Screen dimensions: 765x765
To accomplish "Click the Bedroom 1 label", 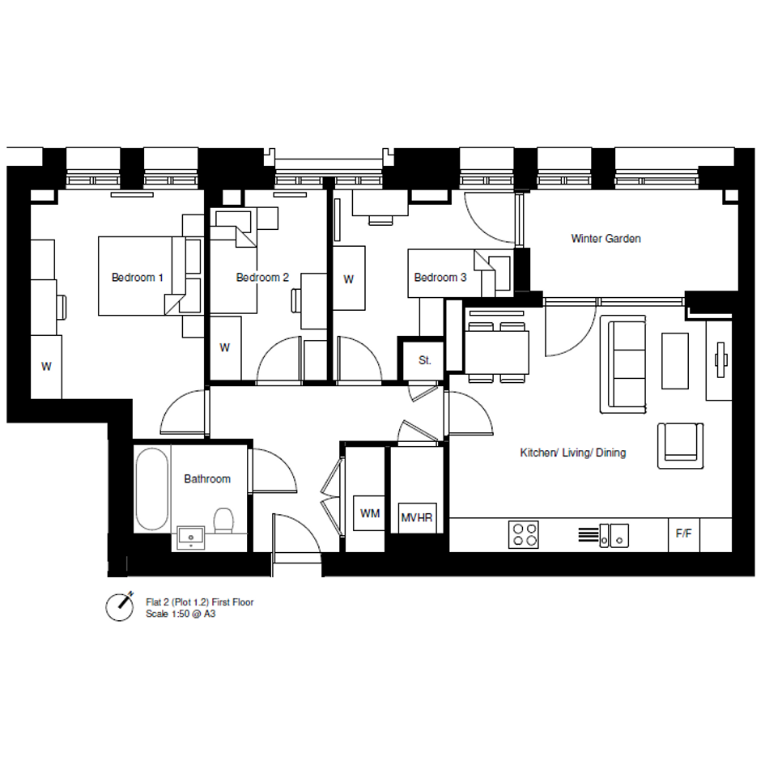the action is [137, 278].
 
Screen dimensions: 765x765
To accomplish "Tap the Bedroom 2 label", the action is [262, 278].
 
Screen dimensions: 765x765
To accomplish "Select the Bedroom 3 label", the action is [440, 278].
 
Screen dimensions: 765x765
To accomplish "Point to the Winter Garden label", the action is [606, 239].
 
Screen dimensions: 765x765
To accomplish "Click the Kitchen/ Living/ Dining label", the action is [573, 453].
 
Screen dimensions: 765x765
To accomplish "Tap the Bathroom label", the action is [207, 479].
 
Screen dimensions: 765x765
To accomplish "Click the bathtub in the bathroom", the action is [151, 489].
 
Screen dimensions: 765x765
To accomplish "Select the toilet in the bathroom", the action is [223, 521].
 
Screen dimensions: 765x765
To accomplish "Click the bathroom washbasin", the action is [191, 538].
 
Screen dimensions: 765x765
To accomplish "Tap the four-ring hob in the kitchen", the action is [524, 534].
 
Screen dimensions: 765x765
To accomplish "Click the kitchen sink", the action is [614, 536].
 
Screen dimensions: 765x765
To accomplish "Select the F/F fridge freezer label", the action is [683, 533].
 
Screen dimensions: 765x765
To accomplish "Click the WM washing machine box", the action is [370, 513].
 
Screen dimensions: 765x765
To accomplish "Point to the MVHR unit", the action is [417, 517].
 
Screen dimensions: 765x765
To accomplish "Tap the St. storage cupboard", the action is [424, 360].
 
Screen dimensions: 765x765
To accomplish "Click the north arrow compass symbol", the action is [120, 606].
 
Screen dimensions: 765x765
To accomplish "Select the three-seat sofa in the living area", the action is [623, 364].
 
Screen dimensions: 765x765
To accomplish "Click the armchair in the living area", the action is [681, 446].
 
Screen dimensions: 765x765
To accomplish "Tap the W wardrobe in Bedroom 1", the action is [46, 367].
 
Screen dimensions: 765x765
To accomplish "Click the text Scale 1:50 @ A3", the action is [181, 614].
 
